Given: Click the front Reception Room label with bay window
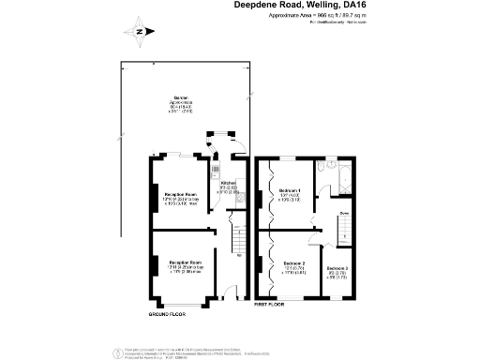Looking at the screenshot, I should click(x=185, y=266).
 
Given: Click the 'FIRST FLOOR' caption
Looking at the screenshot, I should click(x=270, y=306).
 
